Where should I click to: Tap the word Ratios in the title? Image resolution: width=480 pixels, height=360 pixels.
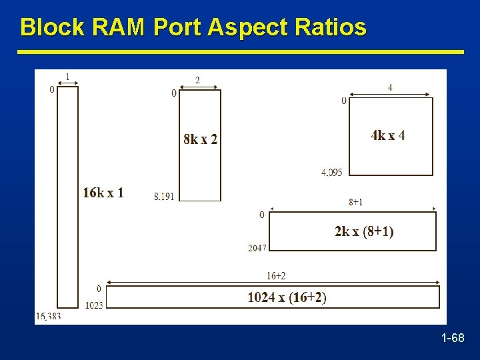click(x=332, y=27)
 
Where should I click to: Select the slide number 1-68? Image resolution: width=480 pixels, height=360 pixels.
click(x=453, y=339)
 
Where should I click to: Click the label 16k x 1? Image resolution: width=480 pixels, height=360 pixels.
click(x=103, y=193)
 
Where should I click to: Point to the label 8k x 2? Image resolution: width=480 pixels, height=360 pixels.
click(x=200, y=139)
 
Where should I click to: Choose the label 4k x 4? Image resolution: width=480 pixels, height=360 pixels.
click(x=387, y=135)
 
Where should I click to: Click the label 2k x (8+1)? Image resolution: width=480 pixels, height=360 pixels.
click(x=364, y=231)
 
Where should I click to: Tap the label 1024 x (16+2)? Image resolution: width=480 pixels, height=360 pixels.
click(x=287, y=297)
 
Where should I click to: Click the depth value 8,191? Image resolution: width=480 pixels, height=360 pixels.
click(x=164, y=197)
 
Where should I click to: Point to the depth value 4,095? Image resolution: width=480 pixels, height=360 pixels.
click(x=331, y=173)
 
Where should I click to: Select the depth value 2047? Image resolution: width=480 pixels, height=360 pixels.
click(x=257, y=248)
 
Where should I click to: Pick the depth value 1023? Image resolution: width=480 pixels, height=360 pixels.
click(x=94, y=305)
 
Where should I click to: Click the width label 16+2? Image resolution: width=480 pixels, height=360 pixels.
click(x=276, y=275)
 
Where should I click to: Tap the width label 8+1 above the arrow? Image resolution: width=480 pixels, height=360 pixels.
click(x=356, y=202)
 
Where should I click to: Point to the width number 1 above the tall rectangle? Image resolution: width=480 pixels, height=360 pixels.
click(x=67, y=76)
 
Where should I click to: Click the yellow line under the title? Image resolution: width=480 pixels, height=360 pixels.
click(x=240, y=51)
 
